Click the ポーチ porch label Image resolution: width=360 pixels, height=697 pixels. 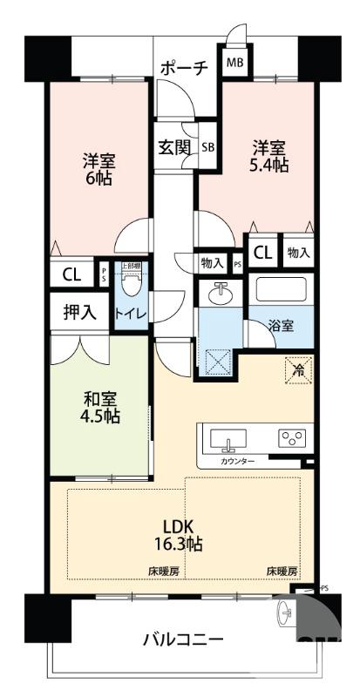pos(184,66)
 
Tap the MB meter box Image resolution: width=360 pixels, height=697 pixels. pos(236,63)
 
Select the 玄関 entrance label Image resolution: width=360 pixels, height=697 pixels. pos(175,146)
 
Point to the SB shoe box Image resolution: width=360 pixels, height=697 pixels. pos(208,147)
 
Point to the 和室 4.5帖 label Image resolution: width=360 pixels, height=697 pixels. pos(102,406)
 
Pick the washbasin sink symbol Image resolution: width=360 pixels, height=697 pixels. pos(220,294)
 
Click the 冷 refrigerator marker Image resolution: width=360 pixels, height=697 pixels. pos(298,370)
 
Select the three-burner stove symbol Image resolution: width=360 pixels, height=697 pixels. pos(292,437)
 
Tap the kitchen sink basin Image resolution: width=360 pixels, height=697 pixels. pos(229,436)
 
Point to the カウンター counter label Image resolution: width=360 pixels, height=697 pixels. pos(237,461)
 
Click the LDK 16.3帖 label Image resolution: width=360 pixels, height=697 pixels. pos(183,534)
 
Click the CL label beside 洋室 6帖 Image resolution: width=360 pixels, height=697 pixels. pos(71,274)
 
